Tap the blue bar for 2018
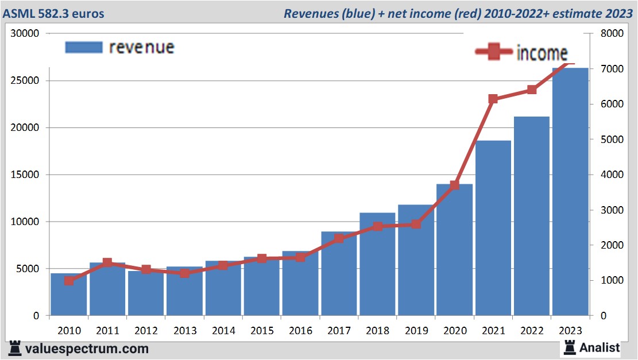[x=377, y=264]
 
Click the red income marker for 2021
[x=493, y=99]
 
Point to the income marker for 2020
[x=454, y=185]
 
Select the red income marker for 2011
[x=107, y=263]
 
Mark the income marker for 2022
[x=532, y=90]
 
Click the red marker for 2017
[x=339, y=238]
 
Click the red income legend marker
[x=493, y=52]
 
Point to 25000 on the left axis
[x=26, y=80]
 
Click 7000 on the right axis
[x=611, y=69]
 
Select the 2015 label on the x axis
[x=262, y=331]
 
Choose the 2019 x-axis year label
[x=416, y=331]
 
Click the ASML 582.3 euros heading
[x=55, y=13]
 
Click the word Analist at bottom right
[x=599, y=347]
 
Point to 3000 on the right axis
[x=611, y=210]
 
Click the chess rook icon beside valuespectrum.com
[x=16, y=349]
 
